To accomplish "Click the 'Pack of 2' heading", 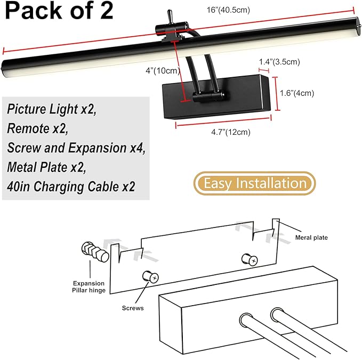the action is click(x=59, y=10).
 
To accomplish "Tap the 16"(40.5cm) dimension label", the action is click(x=228, y=10).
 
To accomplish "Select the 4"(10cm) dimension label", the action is click(x=163, y=70).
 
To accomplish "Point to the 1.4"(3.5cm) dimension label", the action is click(x=279, y=62).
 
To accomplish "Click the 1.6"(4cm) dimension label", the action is click(x=297, y=93).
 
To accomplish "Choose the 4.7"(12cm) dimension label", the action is click(x=231, y=132).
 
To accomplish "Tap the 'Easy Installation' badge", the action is click(x=255, y=183).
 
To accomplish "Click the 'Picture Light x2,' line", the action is click(x=52, y=109).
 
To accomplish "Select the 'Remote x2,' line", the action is click(x=38, y=128).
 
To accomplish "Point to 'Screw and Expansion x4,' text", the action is click(x=76, y=148).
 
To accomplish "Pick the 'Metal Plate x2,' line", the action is click(x=46, y=167).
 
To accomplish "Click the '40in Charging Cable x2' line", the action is click(x=71, y=186).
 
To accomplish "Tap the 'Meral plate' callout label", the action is click(x=311, y=238).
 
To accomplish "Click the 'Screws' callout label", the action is click(x=133, y=308).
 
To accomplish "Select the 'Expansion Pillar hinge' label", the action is click(x=89, y=287).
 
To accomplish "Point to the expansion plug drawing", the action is click(x=95, y=252).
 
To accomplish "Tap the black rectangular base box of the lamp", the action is click(x=216, y=96).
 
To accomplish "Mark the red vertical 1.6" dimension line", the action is click(x=276, y=94).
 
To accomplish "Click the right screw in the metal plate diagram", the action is click(x=250, y=259).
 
